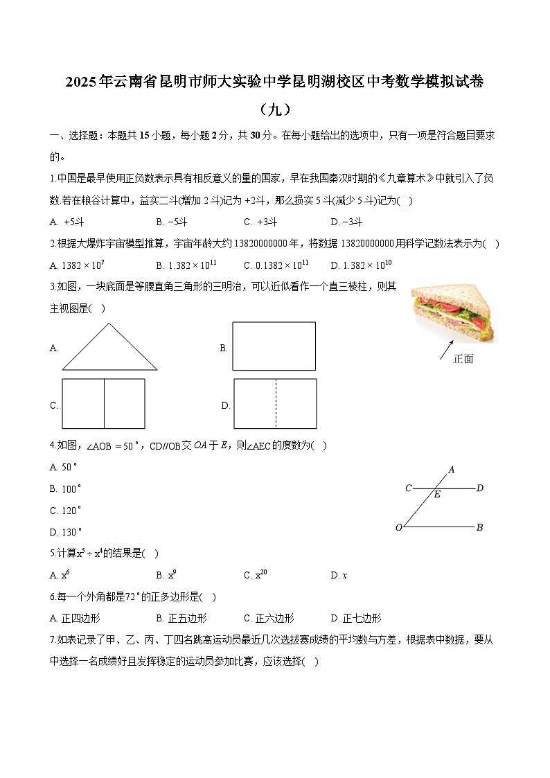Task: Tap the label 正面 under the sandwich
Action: click(463, 359)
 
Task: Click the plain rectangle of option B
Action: click(274, 346)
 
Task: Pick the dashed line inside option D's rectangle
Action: click(276, 403)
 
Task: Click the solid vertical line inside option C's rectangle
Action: click(105, 403)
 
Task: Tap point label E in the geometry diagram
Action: click(437, 495)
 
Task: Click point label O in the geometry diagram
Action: click(399, 528)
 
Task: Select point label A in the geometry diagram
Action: click(452, 470)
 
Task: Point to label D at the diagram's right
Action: click(479, 488)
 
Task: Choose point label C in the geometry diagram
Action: click(408, 488)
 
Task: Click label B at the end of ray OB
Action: click(479, 528)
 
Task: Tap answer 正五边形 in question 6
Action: click(186, 618)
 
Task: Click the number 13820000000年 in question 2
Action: click(267, 243)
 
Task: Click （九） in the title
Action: click(274, 109)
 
